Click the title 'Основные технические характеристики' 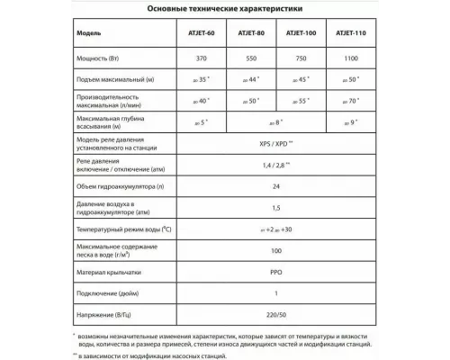click(225, 10)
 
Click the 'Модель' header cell click(89, 35)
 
